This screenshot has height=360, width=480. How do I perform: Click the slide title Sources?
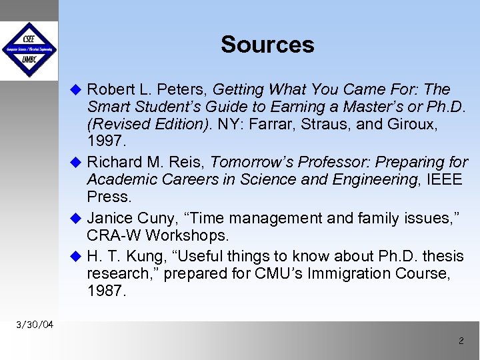tap(267, 45)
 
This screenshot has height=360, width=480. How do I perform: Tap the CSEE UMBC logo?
tap(29, 50)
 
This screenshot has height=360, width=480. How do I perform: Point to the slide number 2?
tap(461, 341)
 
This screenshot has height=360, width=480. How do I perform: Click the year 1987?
tap(105, 291)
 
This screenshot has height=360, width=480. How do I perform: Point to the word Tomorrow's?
tap(249, 162)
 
